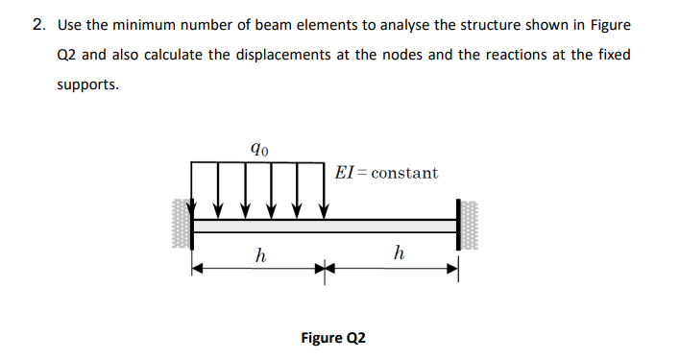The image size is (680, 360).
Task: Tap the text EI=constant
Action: point(386,173)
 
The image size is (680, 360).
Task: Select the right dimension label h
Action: point(398,253)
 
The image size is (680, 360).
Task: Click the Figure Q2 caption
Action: point(333,338)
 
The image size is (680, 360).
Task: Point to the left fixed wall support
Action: point(182,225)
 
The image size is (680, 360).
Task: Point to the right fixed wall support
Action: point(468,225)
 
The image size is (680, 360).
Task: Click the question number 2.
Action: point(37,24)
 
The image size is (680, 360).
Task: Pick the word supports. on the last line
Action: point(88,84)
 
